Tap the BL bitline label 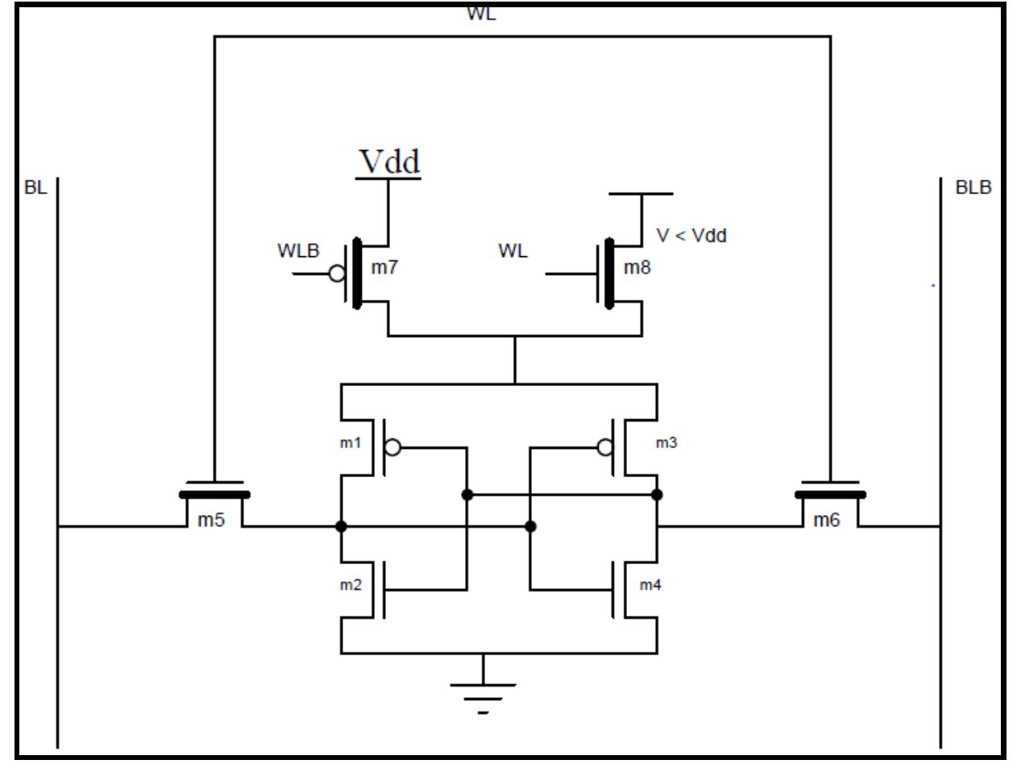(36, 186)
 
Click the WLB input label (306, 250)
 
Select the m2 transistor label (351, 584)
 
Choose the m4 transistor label (650, 584)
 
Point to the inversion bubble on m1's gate (392, 447)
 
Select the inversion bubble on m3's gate (604, 447)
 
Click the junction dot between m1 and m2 (341, 527)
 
